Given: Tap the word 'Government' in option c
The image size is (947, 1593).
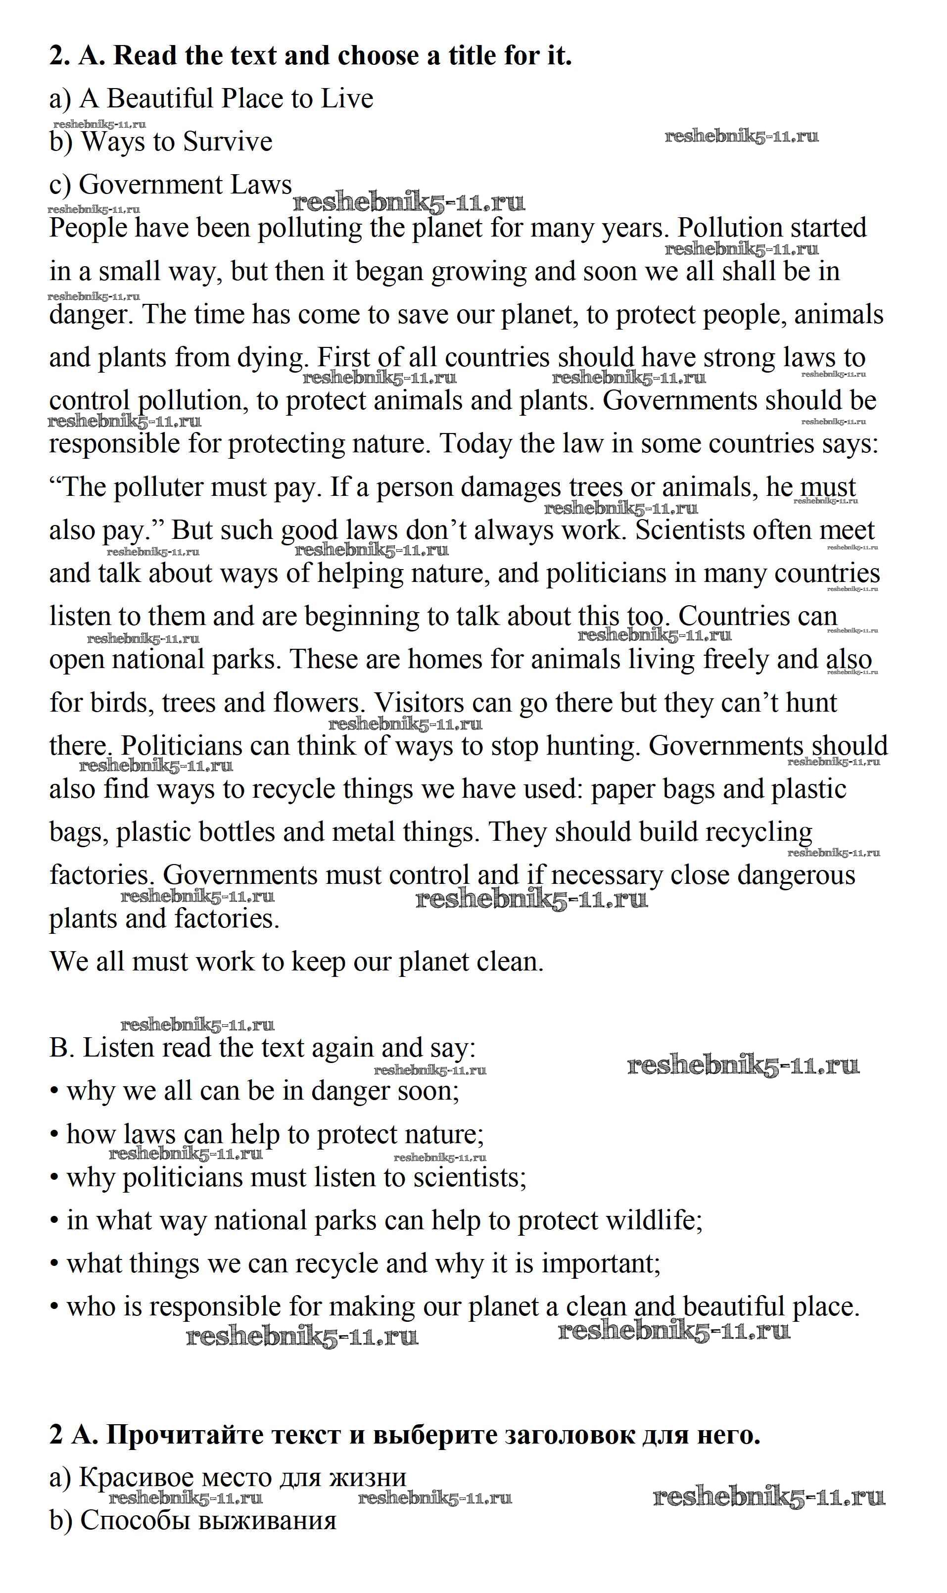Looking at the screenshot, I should [x=150, y=185].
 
